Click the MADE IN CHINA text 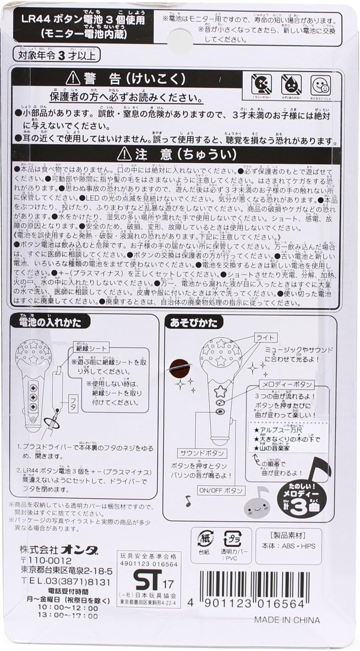pos(286,620)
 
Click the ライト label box pos(265,337)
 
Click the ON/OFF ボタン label pos(221,491)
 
